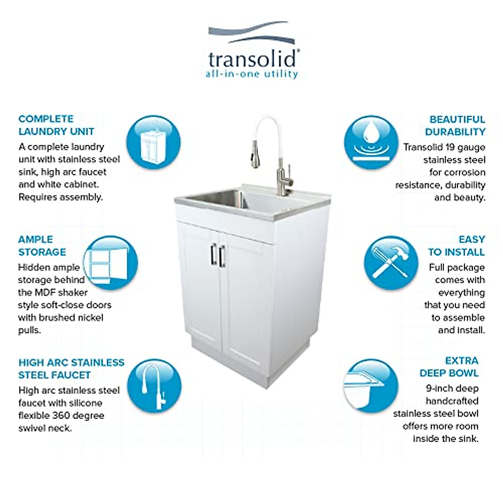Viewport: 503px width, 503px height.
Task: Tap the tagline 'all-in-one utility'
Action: click(251, 75)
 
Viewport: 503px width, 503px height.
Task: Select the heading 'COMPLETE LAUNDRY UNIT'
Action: click(56, 125)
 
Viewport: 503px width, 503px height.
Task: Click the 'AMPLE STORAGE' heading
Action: click(42, 246)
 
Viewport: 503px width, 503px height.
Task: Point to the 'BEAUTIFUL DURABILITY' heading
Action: click(455, 126)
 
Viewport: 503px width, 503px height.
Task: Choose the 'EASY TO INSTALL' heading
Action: click(456, 246)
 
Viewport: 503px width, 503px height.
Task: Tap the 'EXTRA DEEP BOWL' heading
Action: click(449, 367)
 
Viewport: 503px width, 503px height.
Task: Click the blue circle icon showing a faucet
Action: click(154, 386)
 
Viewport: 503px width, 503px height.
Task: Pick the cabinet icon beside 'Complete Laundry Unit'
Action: click(153, 143)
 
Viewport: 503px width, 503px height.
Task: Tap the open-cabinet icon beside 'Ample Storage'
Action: click(111, 263)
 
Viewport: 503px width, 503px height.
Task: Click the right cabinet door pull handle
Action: click(222, 256)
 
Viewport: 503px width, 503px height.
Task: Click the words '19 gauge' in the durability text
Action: click(465, 147)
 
